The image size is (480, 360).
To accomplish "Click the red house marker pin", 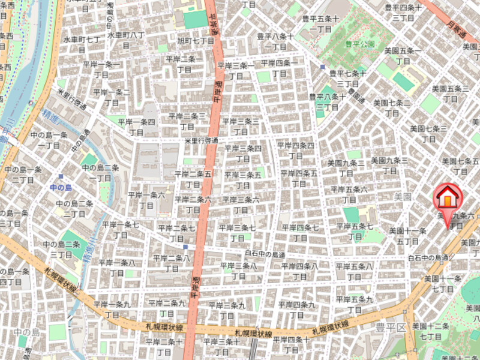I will click(448, 197).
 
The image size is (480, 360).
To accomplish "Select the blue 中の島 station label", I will click(61, 188).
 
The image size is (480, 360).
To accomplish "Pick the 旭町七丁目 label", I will click(195, 40).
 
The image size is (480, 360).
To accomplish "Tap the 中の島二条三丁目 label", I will click(61, 250).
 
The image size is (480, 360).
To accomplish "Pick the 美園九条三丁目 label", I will click(389, 166).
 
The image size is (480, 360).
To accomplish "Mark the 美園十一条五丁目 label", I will click(407, 236).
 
